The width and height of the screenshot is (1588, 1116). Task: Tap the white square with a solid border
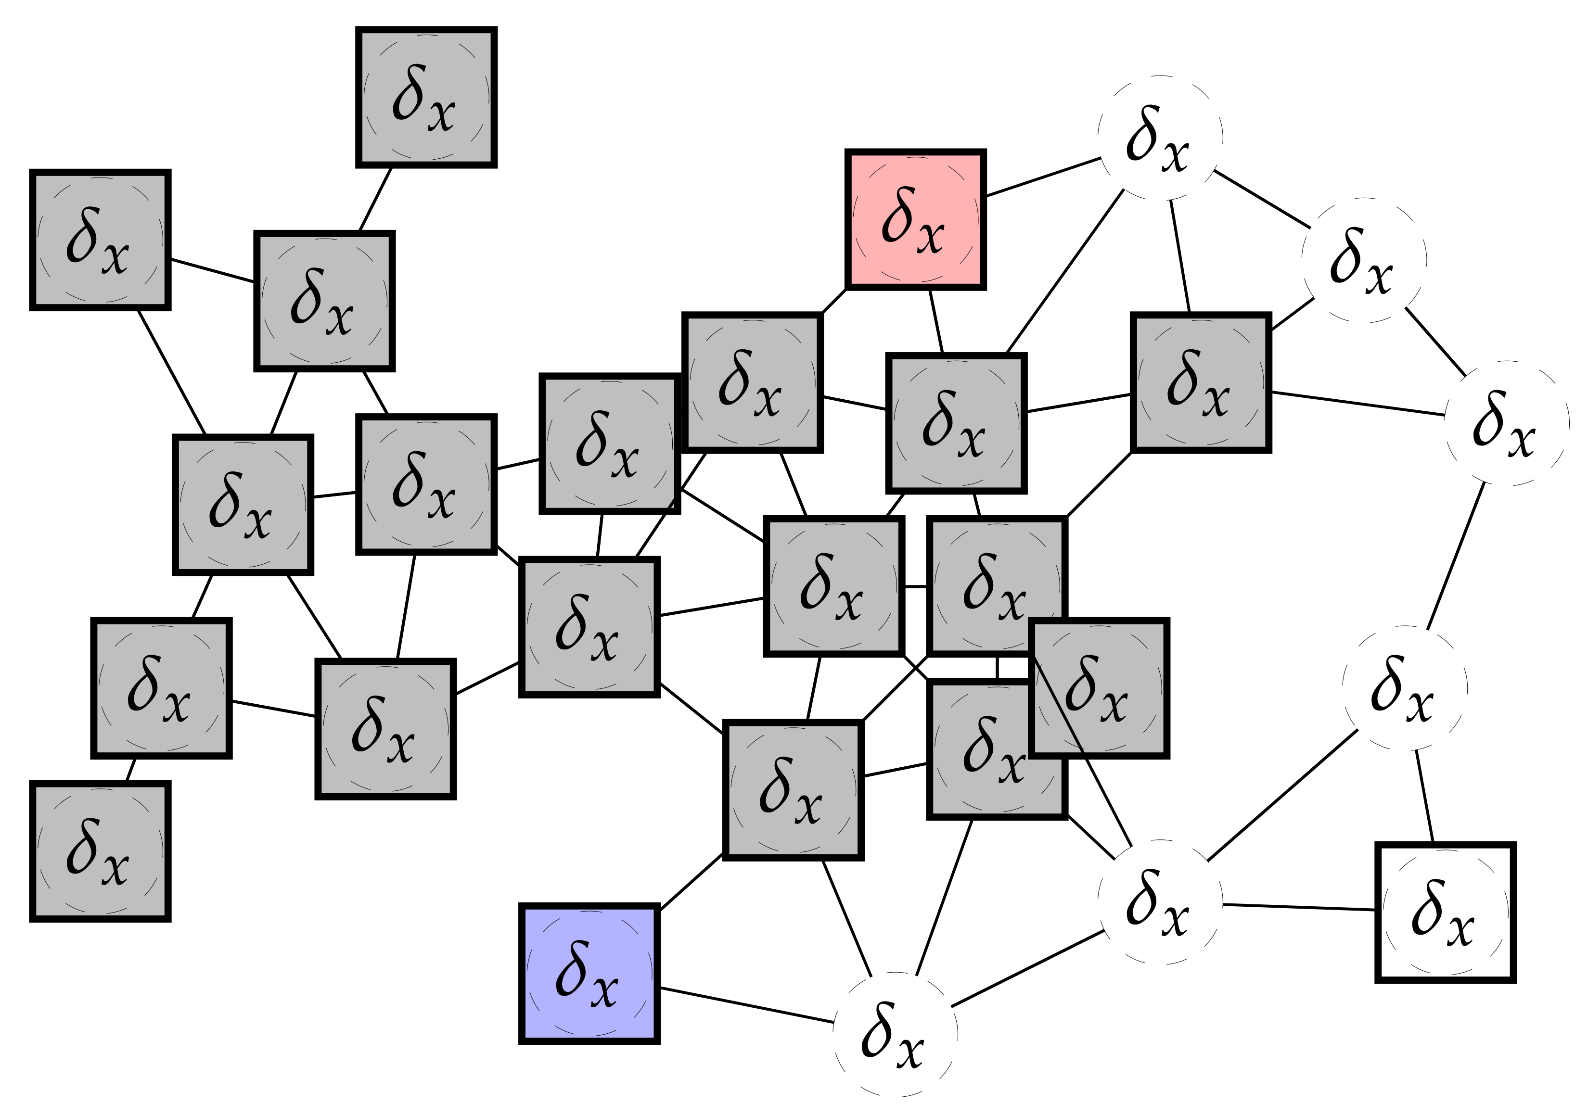click(x=1445, y=912)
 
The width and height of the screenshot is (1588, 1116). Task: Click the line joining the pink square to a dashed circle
click(x=1043, y=177)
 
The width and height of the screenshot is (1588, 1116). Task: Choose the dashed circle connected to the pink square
click(x=1160, y=137)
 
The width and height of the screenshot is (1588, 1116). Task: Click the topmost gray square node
click(x=426, y=97)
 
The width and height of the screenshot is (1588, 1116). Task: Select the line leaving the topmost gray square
click(x=375, y=199)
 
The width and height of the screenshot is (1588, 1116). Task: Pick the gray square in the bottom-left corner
click(x=100, y=851)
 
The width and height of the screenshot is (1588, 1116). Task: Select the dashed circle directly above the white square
click(x=1404, y=687)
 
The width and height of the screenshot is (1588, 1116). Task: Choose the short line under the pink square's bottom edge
click(x=936, y=321)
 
